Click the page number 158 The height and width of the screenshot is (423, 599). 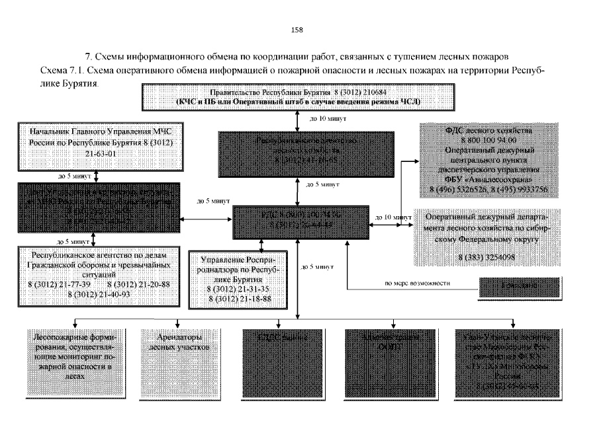[x=297, y=29]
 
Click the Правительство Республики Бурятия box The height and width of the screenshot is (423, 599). [x=299, y=98]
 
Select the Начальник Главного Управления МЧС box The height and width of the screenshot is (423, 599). [x=98, y=144]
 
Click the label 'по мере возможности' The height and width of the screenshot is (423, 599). [x=418, y=284]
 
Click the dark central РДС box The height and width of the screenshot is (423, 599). [x=297, y=221]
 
